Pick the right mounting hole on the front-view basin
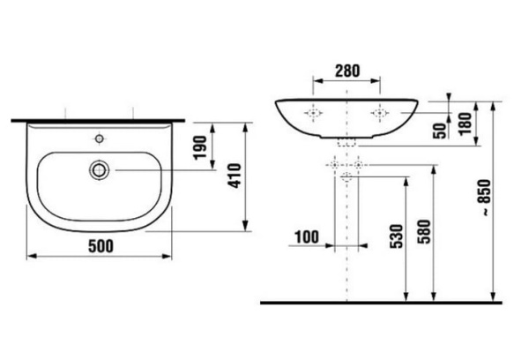point(380,114)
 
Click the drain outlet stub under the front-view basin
point(347,141)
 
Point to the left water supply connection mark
point(334,165)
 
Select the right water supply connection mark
point(360,165)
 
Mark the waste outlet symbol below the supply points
point(347,177)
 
